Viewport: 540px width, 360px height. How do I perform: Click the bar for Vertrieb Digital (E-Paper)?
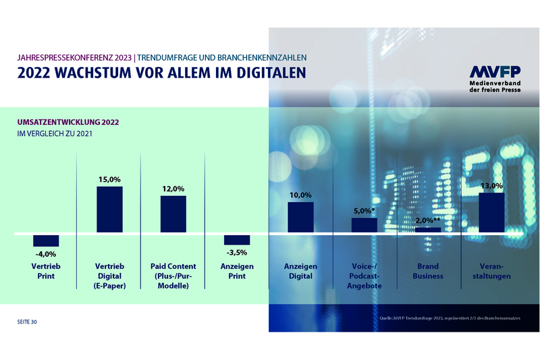(x=109, y=210)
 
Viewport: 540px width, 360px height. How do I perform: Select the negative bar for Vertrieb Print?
(x=47, y=240)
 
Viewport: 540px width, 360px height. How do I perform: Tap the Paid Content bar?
(x=173, y=215)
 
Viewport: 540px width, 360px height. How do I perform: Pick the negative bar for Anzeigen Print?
(x=237, y=240)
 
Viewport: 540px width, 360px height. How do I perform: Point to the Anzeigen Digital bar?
(x=300, y=217)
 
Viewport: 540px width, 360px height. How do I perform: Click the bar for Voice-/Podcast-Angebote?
(x=364, y=226)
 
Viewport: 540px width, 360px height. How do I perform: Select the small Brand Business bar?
(x=428, y=230)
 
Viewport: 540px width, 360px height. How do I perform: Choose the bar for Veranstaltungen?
(x=491, y=213)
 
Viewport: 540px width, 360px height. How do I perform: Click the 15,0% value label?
(x=109, y=179)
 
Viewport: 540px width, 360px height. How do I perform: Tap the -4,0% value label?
(x=47, y=254)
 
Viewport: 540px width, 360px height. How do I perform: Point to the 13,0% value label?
(x=491, y=186)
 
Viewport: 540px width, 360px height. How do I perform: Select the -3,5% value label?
(x=237, y=253)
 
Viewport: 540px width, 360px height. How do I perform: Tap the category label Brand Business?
(x=428, y=271)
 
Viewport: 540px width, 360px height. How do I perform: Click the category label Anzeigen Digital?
(x=300, y=271)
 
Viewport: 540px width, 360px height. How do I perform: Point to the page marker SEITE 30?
(x=27, y=322)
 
